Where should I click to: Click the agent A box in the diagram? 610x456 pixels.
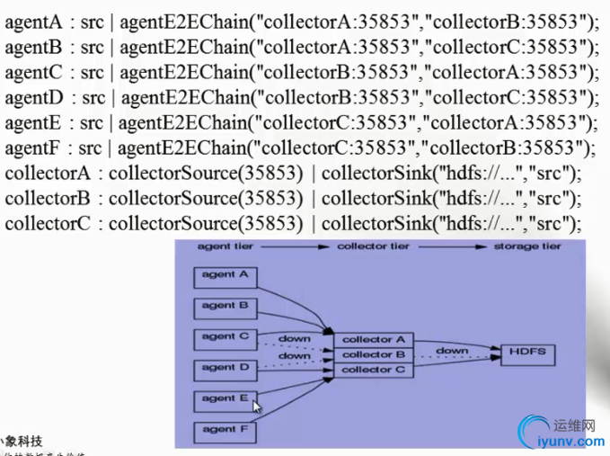tap(225, 276)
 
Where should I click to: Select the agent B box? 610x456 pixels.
tap(225, 306)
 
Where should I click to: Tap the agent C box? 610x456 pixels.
tap(225, 337)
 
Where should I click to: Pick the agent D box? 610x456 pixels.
tap(225, 368)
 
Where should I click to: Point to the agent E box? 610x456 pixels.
tap(225, 399)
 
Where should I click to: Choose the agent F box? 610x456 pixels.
tap(225, 430)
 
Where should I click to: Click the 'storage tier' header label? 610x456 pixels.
tap(527, 246)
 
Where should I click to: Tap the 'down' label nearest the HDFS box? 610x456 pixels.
tap(452, 351)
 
